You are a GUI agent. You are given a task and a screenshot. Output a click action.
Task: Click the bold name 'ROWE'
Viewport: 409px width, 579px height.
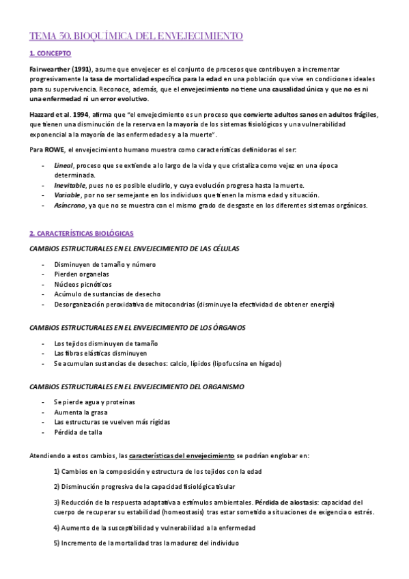(x=55, y=149)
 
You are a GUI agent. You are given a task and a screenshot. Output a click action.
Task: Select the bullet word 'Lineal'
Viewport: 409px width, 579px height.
(x=64, y=166)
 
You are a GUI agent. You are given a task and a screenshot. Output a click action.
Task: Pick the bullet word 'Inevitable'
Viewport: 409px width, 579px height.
(x=70, y=185)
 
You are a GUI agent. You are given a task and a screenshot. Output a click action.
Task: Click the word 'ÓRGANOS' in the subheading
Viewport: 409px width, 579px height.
(x=225, y=328)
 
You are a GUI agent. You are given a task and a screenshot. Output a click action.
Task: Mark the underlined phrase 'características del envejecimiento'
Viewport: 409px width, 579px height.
(x=182, y=454)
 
